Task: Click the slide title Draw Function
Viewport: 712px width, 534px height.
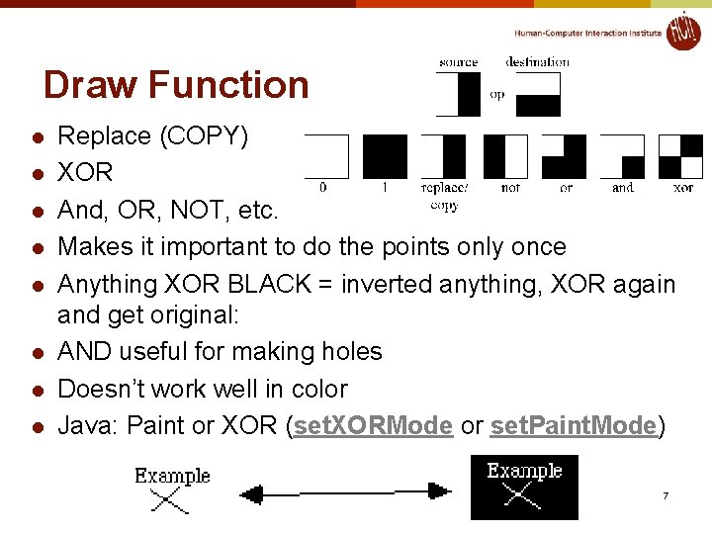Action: [176, 85]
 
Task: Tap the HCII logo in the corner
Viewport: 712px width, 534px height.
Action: [682, 31]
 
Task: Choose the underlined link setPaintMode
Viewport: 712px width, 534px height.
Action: [573, 426]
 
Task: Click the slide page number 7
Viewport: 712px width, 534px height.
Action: [666, 494]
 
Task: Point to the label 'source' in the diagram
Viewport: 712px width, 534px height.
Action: [458, 62]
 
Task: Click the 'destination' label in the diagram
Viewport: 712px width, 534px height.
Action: [537, 62]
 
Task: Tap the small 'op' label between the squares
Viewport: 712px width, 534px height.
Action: [496, 96]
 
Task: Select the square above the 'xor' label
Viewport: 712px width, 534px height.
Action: [681, 156]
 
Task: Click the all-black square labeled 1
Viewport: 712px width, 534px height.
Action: [385, 156]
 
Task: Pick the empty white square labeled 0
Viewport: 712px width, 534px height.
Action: [327, 156]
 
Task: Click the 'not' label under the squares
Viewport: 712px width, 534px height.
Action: [510, 187]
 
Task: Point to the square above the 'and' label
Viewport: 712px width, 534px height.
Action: [622, 156]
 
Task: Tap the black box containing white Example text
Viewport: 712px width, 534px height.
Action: [524, 488]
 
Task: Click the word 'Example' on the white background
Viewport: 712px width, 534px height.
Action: [173, 476]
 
